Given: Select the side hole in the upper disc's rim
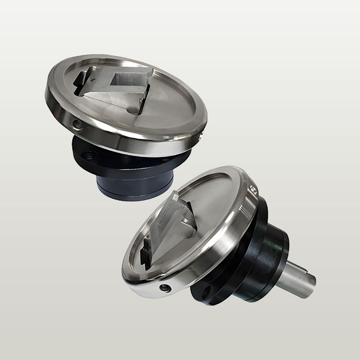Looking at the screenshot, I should [77, 123].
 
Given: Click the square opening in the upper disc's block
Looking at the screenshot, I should [122, 77].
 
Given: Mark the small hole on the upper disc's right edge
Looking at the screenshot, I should [203, 136].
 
